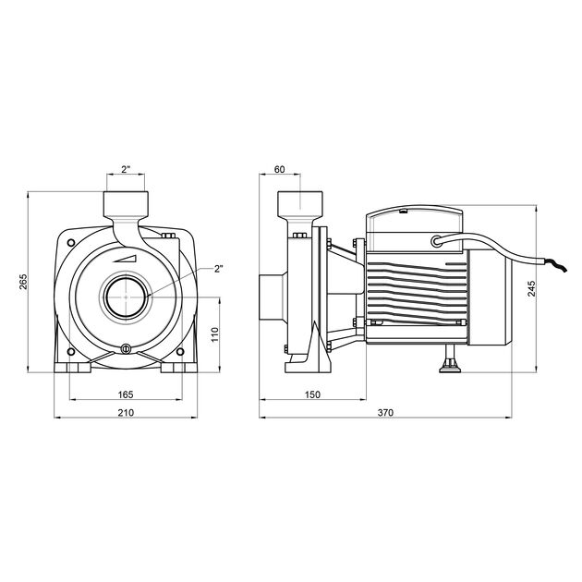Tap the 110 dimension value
213,333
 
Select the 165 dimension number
126,394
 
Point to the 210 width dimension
126,413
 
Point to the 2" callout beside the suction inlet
219,269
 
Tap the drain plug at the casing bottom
126,349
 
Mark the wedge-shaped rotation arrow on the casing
130,256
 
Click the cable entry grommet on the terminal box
435,242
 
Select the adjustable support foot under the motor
451,366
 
